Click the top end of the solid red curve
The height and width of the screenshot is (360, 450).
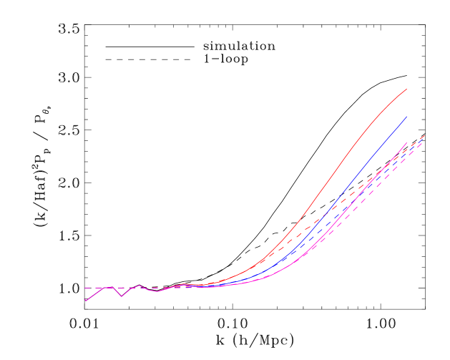407,89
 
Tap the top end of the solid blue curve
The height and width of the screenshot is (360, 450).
407,116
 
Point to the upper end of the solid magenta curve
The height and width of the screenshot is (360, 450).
407,142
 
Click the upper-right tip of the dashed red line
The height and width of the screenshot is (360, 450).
425,135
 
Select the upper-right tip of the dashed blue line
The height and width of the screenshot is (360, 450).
421,140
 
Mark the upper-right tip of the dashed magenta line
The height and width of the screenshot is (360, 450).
422,144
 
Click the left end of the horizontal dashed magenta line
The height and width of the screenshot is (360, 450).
84,288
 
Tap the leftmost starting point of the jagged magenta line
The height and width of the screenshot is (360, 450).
85,301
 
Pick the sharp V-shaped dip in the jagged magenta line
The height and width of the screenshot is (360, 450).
122,296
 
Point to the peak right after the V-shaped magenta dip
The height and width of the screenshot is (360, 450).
139,286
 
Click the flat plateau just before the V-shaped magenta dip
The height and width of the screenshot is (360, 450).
109,287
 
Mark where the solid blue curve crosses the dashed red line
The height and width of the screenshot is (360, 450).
323,214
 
